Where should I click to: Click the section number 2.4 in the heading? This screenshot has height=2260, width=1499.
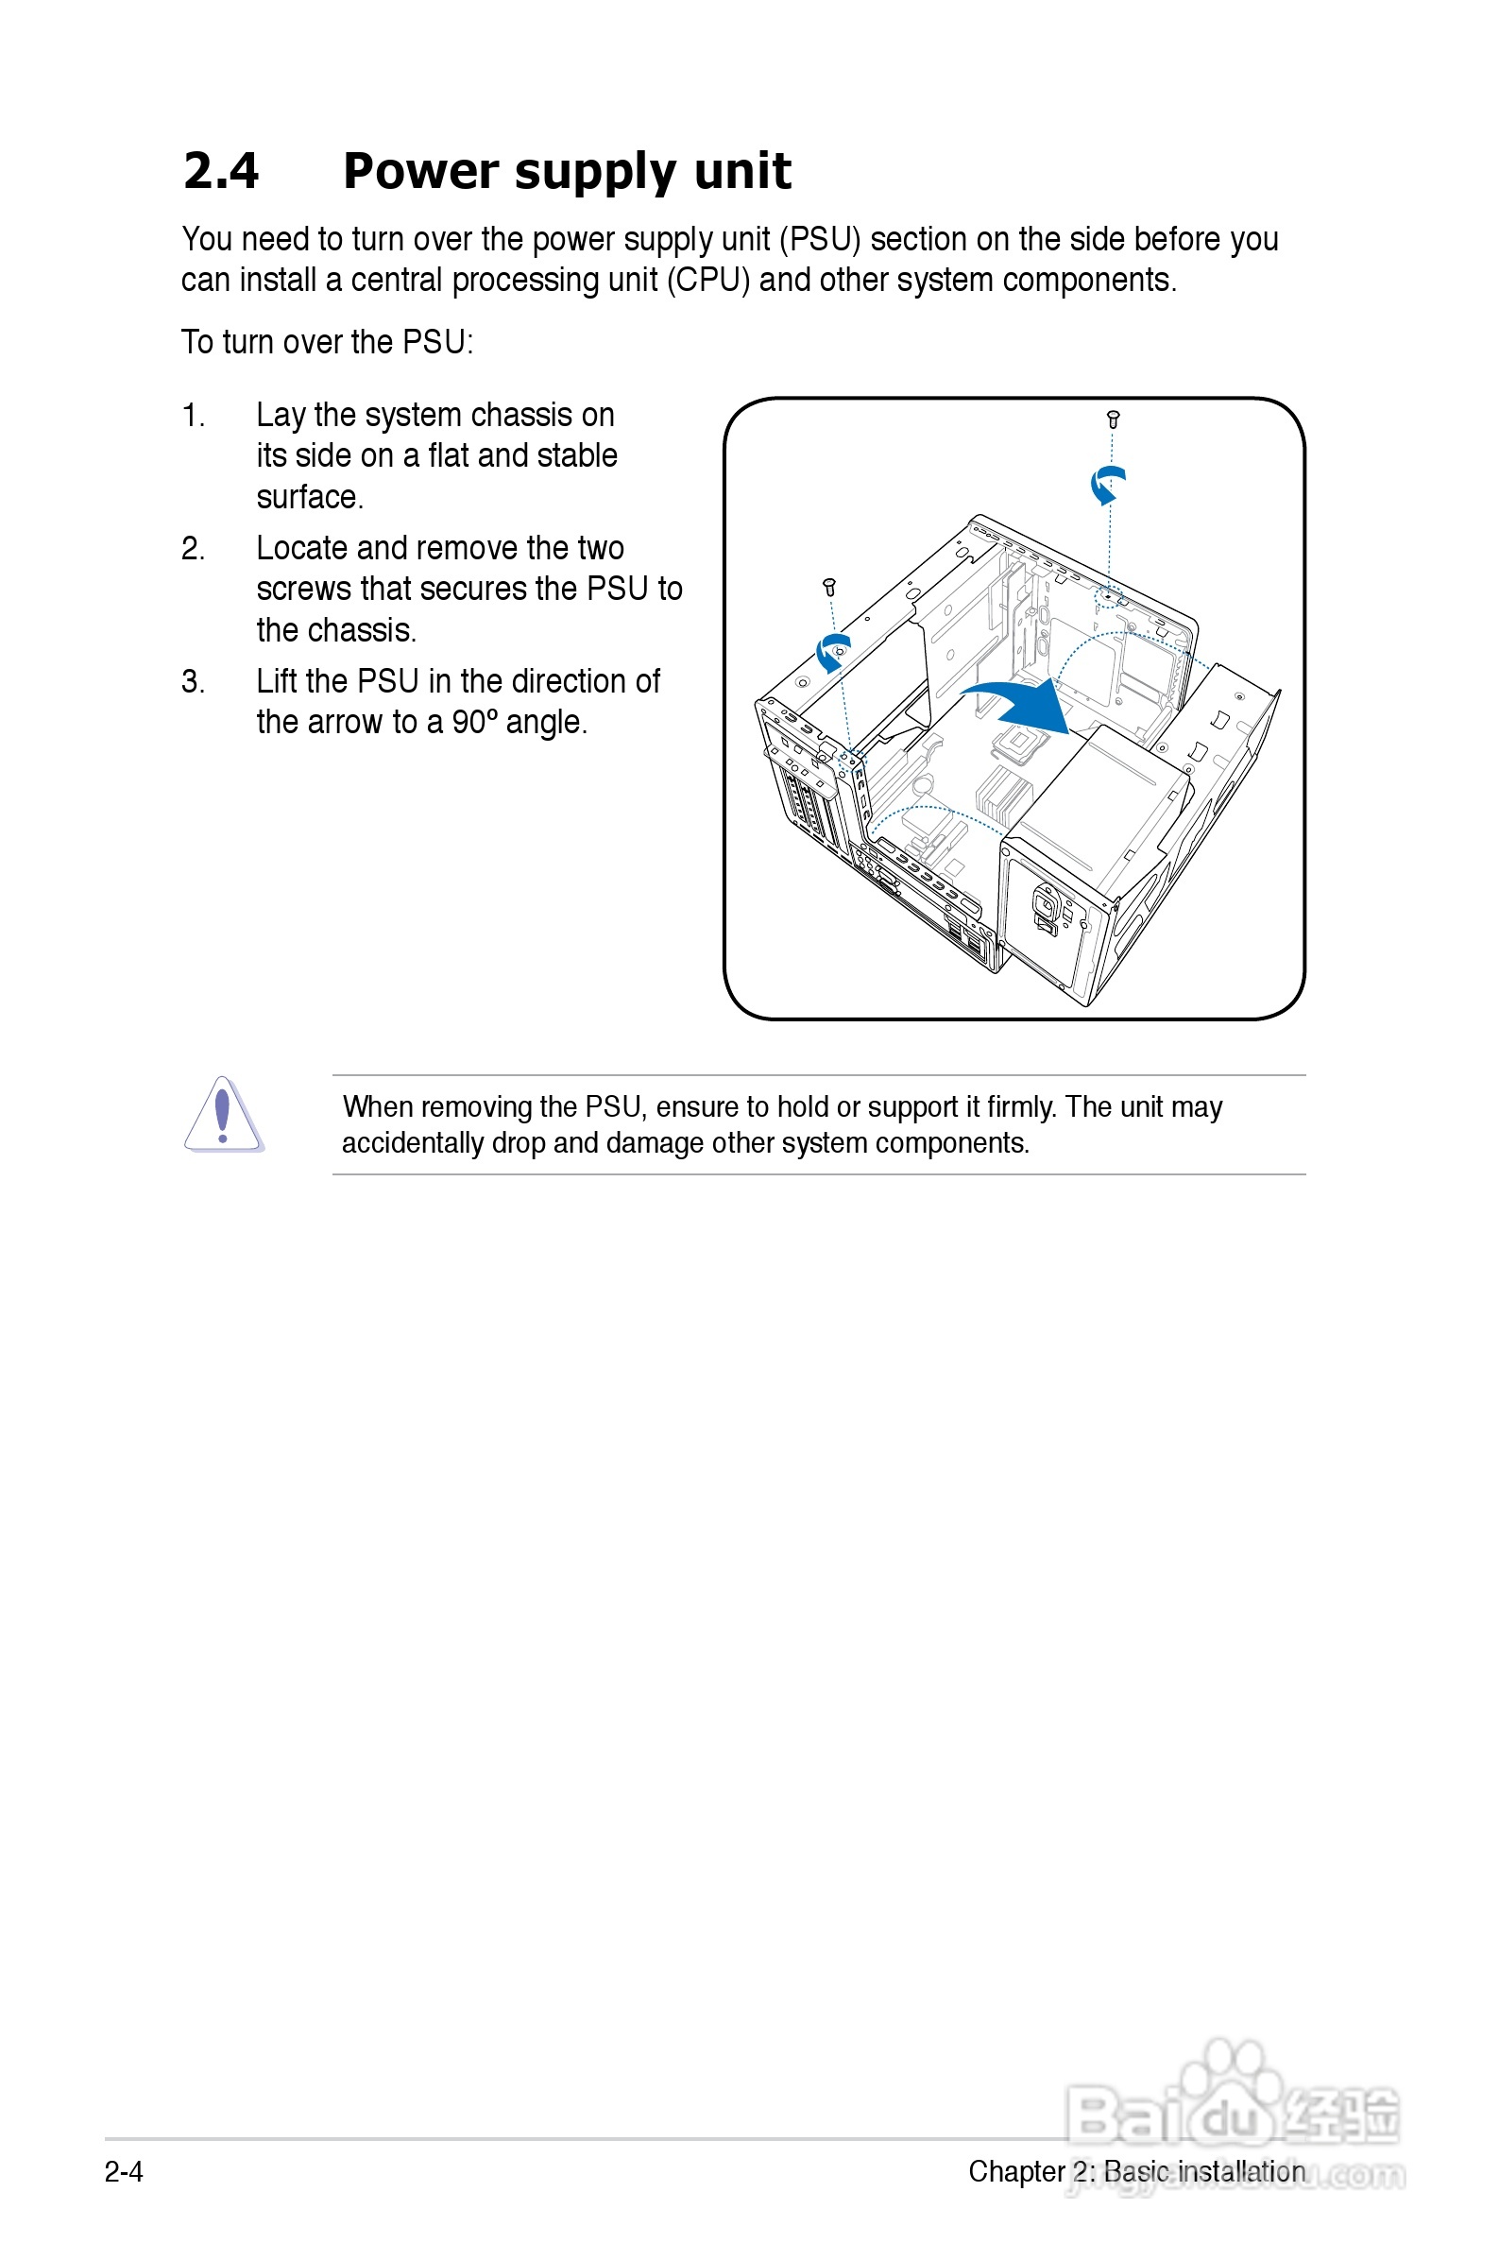[x=221, y=171]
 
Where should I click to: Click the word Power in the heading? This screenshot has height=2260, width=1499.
[x=420, y=171]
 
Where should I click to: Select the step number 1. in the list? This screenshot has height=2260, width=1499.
[x=193, y=416]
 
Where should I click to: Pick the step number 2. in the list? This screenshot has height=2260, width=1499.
[x=193, y=549]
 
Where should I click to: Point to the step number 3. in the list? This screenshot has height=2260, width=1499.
[x=193, y=681]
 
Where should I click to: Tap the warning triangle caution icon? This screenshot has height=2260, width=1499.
[x=223, y=1116]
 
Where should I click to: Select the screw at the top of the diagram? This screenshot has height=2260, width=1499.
[x=1113, y=419]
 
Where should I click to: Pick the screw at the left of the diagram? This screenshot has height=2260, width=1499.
[x=830, y=587]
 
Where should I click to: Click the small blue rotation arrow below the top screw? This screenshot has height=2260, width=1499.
[x=1107, y=484]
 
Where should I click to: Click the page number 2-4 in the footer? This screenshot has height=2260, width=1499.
[x=125, y=2172]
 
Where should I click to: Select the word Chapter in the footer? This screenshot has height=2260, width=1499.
[x=1016, y=2171]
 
